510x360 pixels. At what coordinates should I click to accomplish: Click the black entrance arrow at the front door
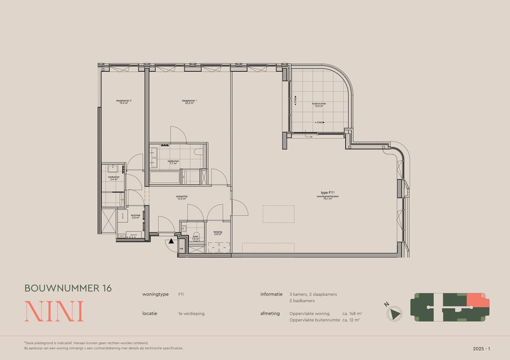coord(171,241)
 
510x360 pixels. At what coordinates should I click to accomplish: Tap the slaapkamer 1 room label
coord(189,101)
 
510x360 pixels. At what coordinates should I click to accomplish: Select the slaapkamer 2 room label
coord(124,101)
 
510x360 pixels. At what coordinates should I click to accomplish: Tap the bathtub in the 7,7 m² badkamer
coord(165,178)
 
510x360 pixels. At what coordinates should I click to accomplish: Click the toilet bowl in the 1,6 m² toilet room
coord(196,235)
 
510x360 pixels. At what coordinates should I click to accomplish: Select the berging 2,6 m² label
coord(218,234)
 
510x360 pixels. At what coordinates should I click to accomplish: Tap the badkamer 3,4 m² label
coord(114,178)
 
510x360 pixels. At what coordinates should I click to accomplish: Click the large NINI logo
coord(54,311)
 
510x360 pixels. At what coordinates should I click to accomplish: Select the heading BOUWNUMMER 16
coord(68,288)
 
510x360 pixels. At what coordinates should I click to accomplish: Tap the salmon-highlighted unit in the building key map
coord(476,301)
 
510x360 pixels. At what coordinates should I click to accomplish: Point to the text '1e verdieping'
coord(191,313)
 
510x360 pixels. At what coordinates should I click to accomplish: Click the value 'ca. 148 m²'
coord(352,313)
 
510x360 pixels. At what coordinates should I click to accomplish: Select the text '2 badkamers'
coord(302,301)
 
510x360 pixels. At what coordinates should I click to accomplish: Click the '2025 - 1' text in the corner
coord(482,349)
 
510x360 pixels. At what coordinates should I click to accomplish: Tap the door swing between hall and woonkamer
coord(239,207)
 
